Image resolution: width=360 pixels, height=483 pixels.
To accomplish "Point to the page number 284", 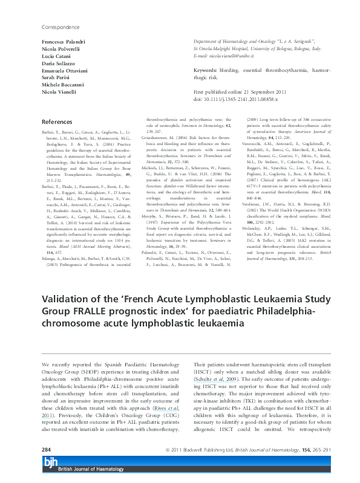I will click(x=46, y=451).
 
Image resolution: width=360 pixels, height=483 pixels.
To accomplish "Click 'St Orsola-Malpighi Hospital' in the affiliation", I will click(x=221, y=47).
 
